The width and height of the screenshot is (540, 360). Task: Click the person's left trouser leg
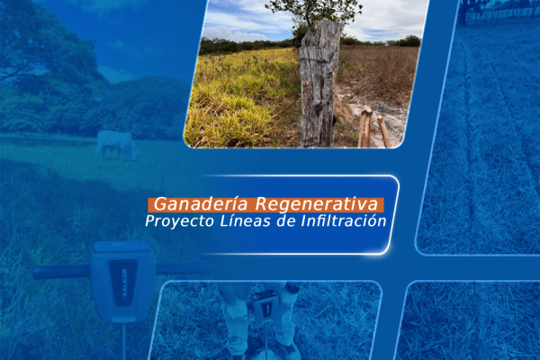point(236,315)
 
